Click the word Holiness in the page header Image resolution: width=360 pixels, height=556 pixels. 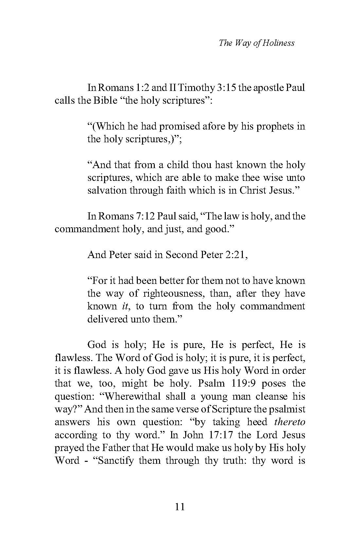coord(280,43)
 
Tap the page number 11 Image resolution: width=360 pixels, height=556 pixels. coord(180,507)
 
